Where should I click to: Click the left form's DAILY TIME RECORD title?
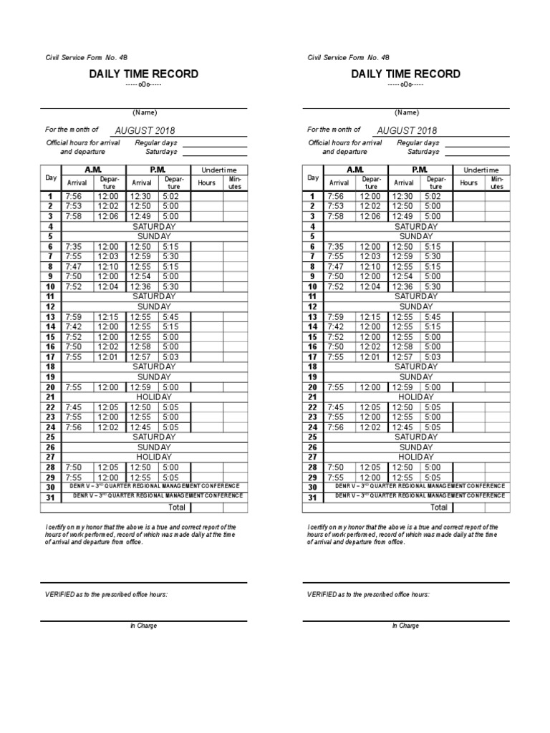[x=143, y=74]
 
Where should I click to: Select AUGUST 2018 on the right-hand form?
[x=407, y=131]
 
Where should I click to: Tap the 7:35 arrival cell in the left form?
[x=74, y=246]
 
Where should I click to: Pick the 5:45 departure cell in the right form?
[x=433, y=316]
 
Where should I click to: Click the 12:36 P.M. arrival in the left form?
[x=140, y=286]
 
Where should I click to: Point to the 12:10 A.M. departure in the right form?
[x=370, y=266]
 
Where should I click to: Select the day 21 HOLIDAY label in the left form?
[x=154, y=397]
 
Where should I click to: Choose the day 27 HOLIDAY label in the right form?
[x=416, y=457]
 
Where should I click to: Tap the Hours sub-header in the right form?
[x=468, y=183]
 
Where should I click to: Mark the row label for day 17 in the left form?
[x=51, y=356]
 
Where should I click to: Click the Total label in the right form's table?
[x=439, y=507]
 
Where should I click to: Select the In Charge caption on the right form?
[x=405, y=626]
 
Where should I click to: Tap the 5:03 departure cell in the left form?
[x=170, y=356]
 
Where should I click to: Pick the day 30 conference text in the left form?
[x=154, y=485]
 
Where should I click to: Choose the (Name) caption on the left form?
[x=144, y=112]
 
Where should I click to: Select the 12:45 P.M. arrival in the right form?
[x=402, y=427]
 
